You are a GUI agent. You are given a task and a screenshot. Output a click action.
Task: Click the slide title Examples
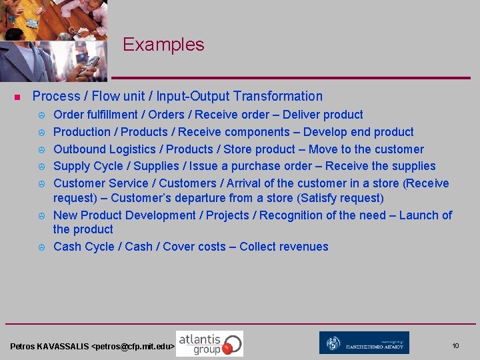click(x=163, y=45)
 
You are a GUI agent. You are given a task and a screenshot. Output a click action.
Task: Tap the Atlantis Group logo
click(x=209, y=343)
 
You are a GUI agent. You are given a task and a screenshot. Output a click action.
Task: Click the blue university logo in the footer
click(x=364, y=343)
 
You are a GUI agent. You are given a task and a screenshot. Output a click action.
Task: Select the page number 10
click(x=455, y=346)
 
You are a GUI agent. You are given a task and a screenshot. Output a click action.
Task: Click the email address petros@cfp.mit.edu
click(x=133, y=347)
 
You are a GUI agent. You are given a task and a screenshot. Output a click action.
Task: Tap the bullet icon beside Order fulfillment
click(x=41, y=115)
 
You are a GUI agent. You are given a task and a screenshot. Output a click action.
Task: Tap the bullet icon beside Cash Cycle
click(x=41, y=247)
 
